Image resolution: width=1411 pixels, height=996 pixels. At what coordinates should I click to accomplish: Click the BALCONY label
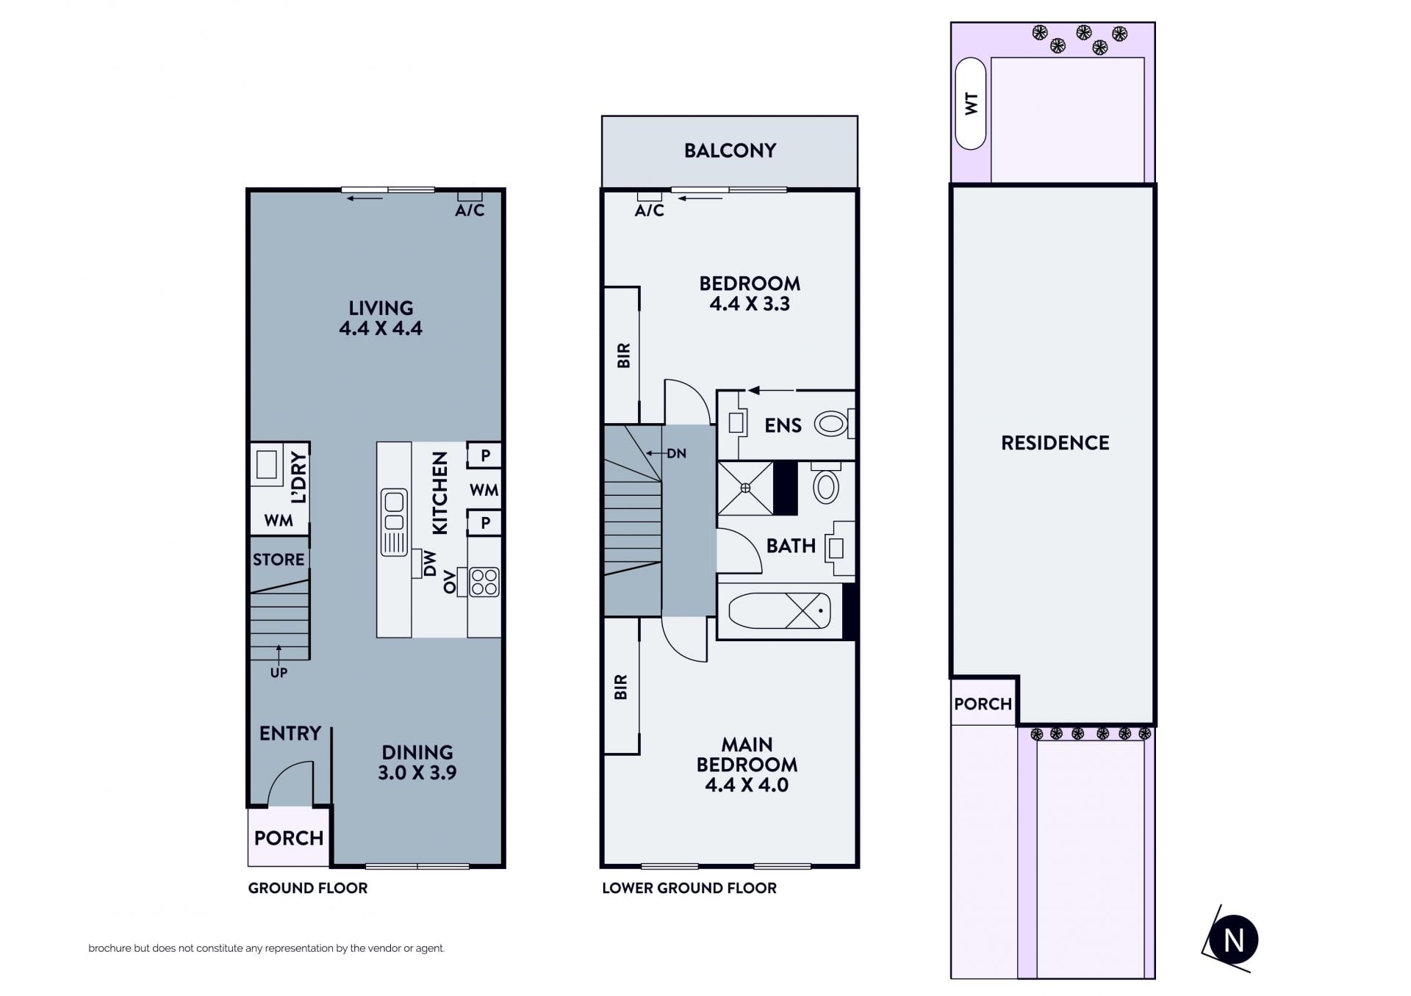[x=730, y=151]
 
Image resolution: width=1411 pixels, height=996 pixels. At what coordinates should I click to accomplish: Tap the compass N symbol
[x=1233, y=939]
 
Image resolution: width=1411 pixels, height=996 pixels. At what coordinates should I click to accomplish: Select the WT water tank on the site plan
[x=971, y=104]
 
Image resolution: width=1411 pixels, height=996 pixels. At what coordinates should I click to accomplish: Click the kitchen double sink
[x=394, y=522]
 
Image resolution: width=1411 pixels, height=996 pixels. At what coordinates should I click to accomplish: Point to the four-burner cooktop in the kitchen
[x=484, y=582]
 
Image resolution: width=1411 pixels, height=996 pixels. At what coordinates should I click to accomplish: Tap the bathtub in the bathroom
[x=780, y=611]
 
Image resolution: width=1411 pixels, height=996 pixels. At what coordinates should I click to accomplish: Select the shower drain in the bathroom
[x=745, y=488]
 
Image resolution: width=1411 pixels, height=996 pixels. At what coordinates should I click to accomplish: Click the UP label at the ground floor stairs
[x=279, y=672]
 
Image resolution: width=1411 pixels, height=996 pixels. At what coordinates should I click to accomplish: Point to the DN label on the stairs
[x=676, y=453]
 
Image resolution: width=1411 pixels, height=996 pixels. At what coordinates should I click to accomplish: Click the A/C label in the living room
[x=470, y=211]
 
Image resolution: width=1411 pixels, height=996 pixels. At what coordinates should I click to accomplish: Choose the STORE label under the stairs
[x=279, y=560]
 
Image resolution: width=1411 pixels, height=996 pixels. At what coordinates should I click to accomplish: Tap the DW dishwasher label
[x=430, y=564]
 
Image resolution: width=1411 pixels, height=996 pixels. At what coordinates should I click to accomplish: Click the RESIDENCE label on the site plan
[x=1055, y=443]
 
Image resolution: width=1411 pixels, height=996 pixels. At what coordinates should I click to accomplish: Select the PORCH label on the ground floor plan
[x=289, y=838]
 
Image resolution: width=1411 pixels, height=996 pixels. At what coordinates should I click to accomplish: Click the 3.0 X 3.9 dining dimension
[x=417, y=773]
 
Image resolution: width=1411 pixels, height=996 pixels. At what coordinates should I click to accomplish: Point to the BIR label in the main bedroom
[x=621, y=688]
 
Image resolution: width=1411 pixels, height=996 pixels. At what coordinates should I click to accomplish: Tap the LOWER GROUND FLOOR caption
[x=689, y=888]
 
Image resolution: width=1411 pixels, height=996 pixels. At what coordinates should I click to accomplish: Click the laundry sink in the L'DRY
[x=267, y=465]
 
